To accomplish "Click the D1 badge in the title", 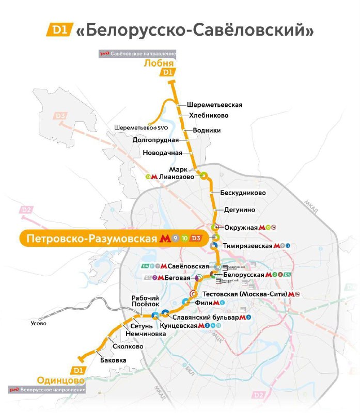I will (59, 30).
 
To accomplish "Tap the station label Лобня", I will (159, 63).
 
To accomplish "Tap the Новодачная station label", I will (162, 153).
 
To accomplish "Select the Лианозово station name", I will (177, 177).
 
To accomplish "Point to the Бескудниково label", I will (243, 193).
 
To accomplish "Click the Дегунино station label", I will (239, 210).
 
